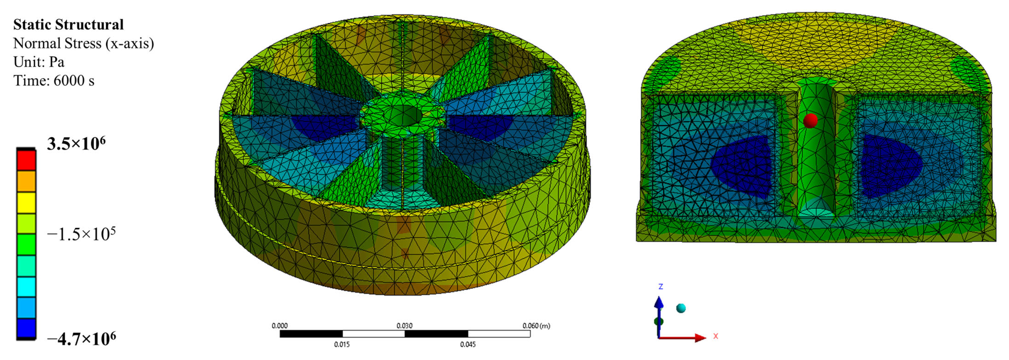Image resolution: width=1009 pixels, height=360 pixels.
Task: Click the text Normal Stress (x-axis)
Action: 84,43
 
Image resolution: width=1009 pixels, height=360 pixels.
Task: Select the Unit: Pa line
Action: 39,62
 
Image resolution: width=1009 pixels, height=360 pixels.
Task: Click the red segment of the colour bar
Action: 26,160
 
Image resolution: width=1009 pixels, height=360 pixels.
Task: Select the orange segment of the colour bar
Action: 26,181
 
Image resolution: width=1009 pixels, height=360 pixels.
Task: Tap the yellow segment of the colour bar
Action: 26,203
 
